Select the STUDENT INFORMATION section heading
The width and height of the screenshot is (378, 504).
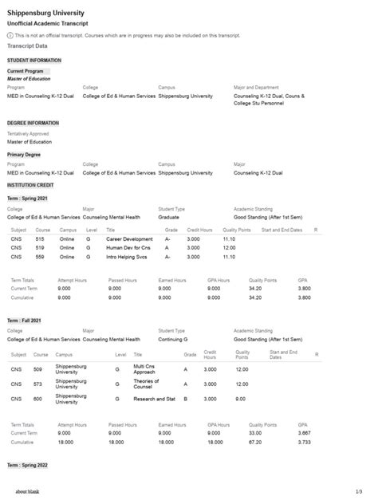click(x=33, y=61)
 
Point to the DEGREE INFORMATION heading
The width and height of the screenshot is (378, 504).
click(x=33, y=123)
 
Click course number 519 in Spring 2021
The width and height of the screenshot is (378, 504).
click(x=40, y=247)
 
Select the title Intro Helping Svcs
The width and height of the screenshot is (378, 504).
click(x=127, y=257)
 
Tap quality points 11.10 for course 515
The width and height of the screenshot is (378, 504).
click(x=229, y=238)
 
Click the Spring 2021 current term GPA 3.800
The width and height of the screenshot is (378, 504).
click(x=304, y=289)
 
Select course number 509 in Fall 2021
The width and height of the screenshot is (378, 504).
click(x=37, y=369)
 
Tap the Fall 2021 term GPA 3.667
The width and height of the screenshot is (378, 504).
click(x=304, y=433)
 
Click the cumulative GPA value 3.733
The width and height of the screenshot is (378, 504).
click(x=304, y=441)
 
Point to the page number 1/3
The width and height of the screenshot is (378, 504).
click(x=359, y=492)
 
